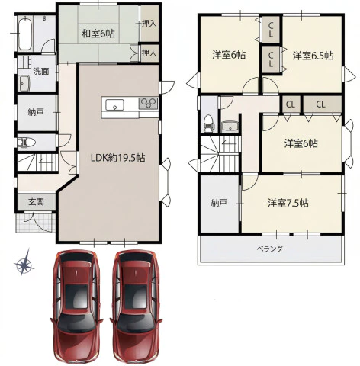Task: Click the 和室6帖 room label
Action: tap(98, 34)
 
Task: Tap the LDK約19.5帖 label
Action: tap(118, 158)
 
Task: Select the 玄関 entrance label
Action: tap(36, 202)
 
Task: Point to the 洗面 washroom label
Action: tap(41, 72)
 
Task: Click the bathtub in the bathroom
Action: tap(25, 34)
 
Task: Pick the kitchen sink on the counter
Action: tap(114, 104)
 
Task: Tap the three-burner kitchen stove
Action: tap(148, 104)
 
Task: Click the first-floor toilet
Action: tap(26, 143)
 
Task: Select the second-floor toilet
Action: tap(210, 124)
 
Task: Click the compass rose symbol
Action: tap(24, 263)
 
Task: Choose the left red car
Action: tap(76, 307)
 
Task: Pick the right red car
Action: tap(136, 307)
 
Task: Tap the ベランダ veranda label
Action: tap(269, 249)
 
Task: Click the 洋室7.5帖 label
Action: tap(288, 204)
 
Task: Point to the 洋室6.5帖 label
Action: tap(313, 56)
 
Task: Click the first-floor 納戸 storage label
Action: tap(36, 112)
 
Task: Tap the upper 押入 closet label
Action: tap(149, 24)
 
